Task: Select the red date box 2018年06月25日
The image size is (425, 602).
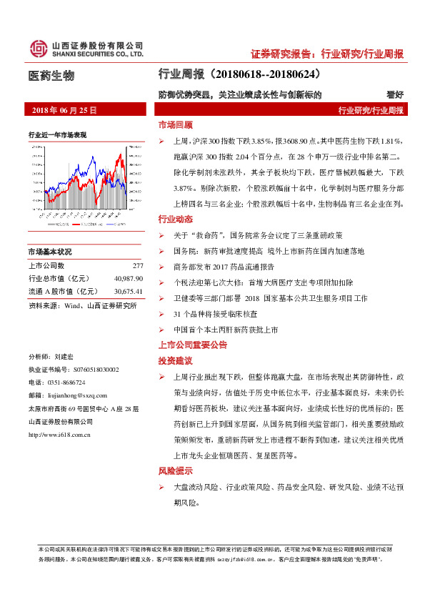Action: [x=65, y=110]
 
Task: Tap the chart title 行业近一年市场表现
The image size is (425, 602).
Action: [x=58, y=134]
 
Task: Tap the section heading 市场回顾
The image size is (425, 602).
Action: [x=175, y=124]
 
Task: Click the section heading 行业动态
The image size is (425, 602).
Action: [x=175, y=218]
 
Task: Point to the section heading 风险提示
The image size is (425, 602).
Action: [x=175, y=471]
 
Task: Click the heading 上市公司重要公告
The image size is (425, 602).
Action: [x=193, y=345]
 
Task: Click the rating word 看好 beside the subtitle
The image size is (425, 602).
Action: [x=395, y=94]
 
